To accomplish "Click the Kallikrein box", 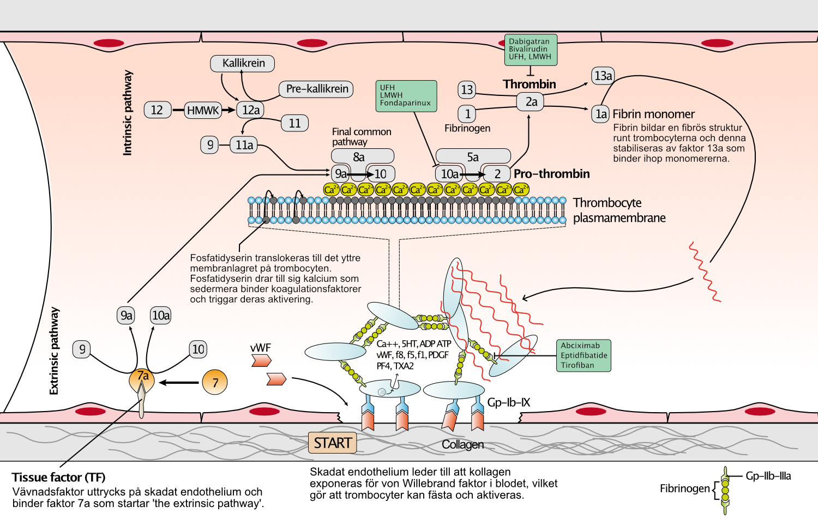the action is pos(243,63).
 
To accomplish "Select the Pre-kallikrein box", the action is pos(316,89).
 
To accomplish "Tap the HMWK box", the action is pos(203,110).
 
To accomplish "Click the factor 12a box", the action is pos(250,110).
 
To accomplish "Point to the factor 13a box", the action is pos(603,76).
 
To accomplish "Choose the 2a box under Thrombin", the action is pos(530,102).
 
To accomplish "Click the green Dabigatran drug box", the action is pos(531,50).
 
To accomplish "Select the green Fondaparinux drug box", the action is pos(406,96).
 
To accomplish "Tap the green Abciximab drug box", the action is pos(584,355).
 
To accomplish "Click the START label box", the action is pos(332,443).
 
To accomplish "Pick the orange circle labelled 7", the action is pos(215,382).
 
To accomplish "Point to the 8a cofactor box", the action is pos(363,157).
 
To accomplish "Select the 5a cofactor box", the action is pos(473,157).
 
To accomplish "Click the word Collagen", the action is pos(462,444).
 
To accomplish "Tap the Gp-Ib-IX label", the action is pos(509,402).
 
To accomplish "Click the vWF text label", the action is pos(260,348).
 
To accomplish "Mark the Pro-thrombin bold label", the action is pos(551,174).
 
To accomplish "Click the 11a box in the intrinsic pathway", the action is pos(244,145).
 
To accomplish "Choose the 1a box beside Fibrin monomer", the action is pos(600,114).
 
